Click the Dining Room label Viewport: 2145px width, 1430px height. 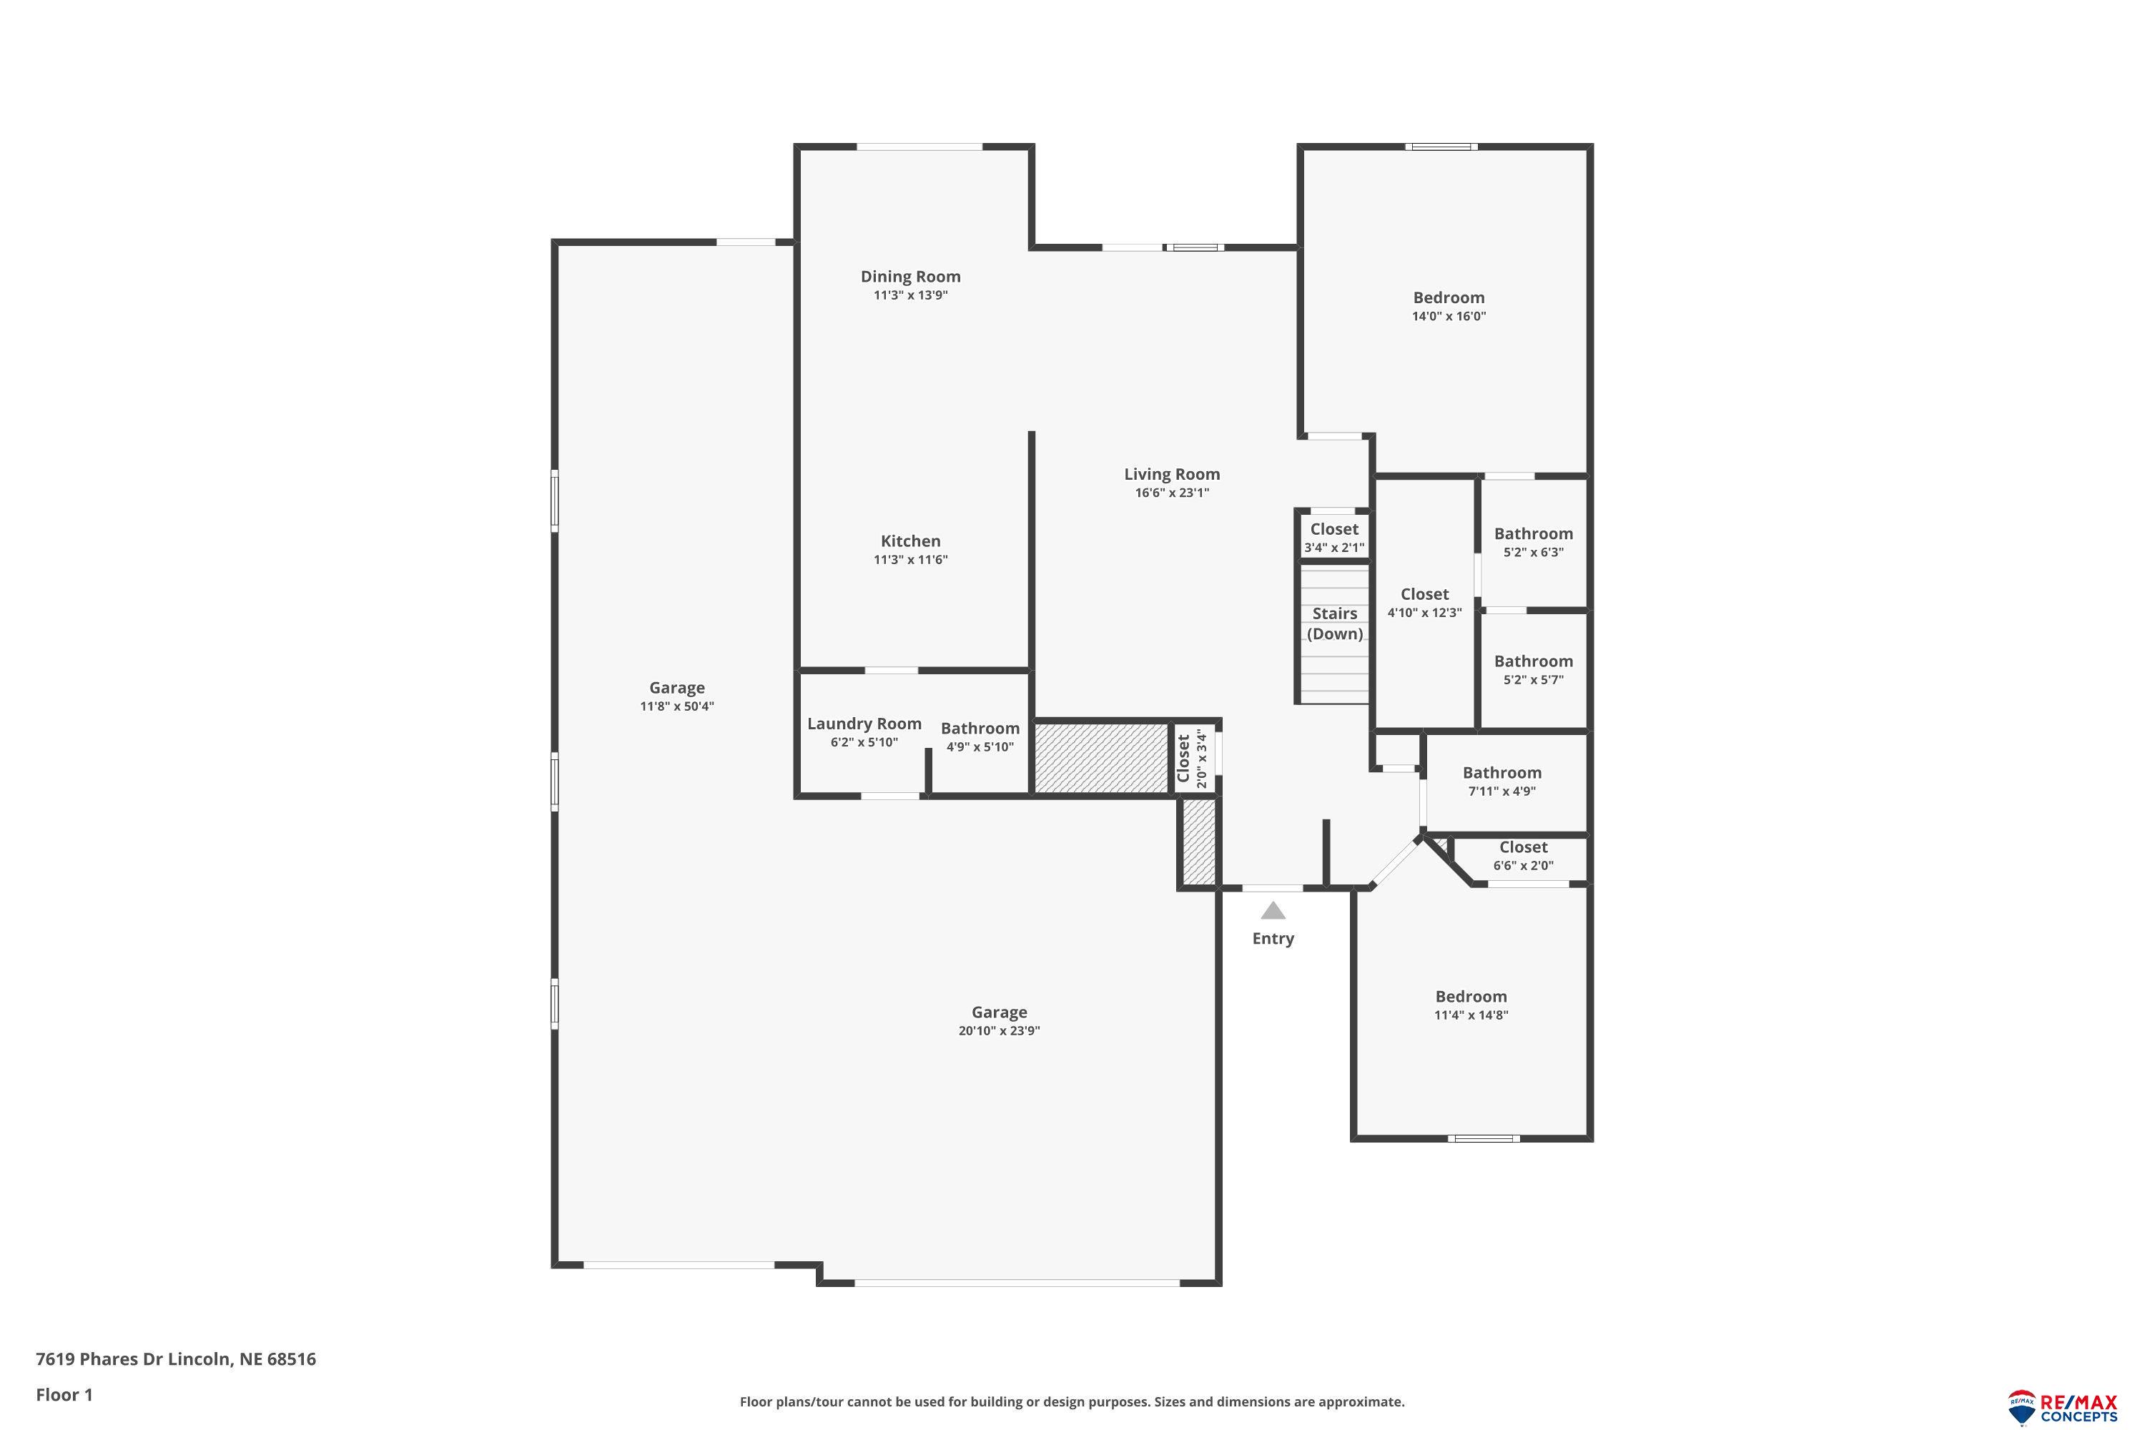[x=910, y=276]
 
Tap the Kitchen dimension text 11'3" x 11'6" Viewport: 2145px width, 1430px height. [x=910, y=560]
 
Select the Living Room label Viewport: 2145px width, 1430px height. [x=1171, y=474]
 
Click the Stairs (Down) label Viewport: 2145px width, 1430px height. [x=1334, y=623]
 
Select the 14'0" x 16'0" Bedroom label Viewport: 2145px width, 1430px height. [x=1449, y=298]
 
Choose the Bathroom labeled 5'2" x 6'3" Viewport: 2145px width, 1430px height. [x=1532, y=534]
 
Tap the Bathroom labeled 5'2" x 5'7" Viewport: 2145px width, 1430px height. [x=1532, y=662]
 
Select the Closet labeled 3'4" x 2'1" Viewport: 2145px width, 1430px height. [x=1333, y=530]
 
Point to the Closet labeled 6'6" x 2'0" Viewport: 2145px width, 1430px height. [x=1522, y=847]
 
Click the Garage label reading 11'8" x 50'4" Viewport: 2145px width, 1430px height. [x=676, y=689]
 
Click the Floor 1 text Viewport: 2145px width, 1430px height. [x=64, y=1394]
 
